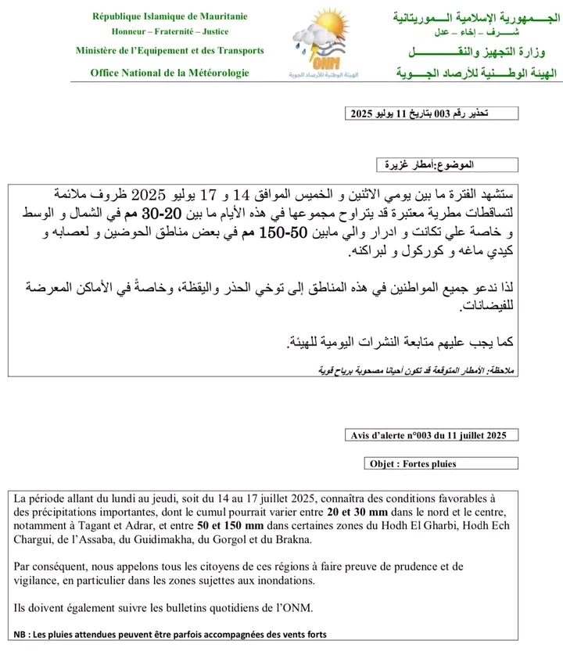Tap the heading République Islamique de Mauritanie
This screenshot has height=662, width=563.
coord(170,16)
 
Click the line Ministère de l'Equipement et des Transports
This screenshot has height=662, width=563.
coord(170,51)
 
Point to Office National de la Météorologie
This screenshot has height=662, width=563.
coord(170,73)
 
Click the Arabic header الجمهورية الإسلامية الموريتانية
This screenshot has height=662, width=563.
coord(477,16)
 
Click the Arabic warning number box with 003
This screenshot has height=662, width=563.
coord(432,114)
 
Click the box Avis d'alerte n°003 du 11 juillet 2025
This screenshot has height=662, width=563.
coord(430,435)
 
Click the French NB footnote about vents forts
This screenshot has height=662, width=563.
coord(170,634)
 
